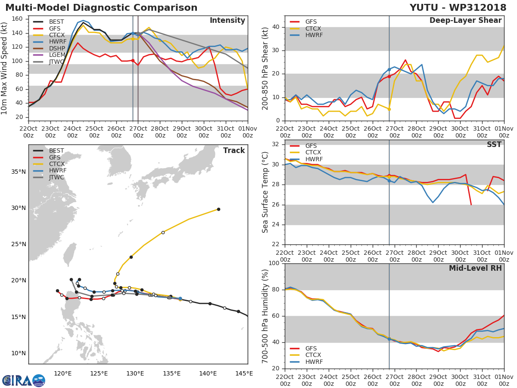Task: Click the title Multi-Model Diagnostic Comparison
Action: [x=101, y=8]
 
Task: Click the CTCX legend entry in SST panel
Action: [x=313, y=153]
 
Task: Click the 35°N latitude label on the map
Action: [x=19, y=172]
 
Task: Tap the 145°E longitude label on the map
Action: [x=244, y=373]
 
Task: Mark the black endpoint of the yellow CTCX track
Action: [x=218, y=209]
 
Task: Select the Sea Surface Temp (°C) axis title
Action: [x=265, y=192]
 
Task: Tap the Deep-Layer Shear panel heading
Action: [x=465, y=21]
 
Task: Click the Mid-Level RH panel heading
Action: [x=475, y=268]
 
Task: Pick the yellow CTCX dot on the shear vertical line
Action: [x=389, y=109]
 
